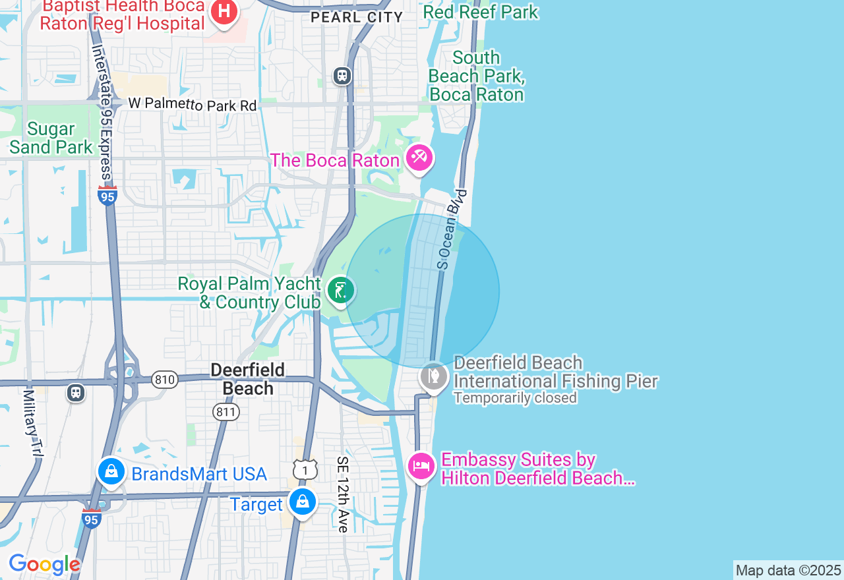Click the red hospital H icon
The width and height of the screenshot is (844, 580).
click(x=224, y=12)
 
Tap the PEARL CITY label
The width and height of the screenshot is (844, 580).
click(x=357, y=18)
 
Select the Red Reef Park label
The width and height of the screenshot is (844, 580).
click(x=480, y=12)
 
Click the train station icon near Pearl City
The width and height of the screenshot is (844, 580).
click(x=342, y=75)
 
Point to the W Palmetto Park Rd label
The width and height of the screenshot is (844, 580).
click(x=192, y=104)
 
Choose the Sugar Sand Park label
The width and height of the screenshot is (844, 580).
click(x=51, y=138)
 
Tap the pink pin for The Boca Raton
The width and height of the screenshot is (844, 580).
click(x=419, y=158)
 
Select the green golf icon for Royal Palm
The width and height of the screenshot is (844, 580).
click(x=340, y=291)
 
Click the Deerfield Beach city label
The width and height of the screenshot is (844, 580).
click(x=247, y=379)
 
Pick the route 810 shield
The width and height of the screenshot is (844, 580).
click(x=164, y=380)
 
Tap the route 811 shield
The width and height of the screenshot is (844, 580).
click(x=226, y=413)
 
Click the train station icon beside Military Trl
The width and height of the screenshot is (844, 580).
click(x=76, y=393)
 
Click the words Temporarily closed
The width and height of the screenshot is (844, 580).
click(x=514, y=398)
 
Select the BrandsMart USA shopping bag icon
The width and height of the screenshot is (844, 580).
click(x=111, y=472)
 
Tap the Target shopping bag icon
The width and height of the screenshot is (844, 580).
click(x=303, y=502)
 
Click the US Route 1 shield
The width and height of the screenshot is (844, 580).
click(x=305, y=470)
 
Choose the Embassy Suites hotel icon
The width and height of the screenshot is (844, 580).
click(x=421, y=467)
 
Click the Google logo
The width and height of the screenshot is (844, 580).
click(x=44, y=564)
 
